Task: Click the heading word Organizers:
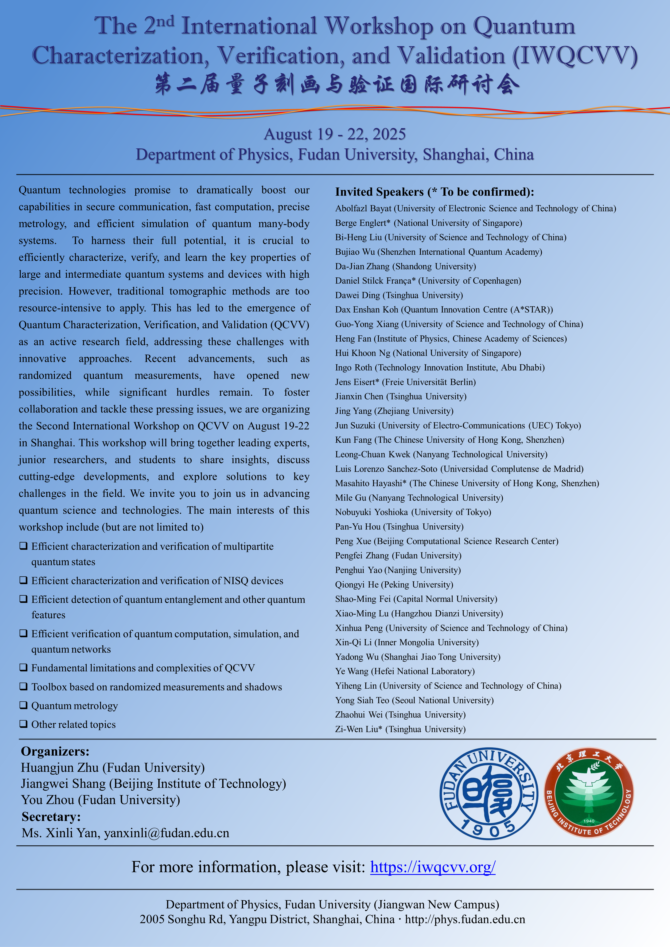(x=55, y=751)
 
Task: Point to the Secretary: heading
(x=51, y=817)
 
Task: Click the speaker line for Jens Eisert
(x=405, y=382)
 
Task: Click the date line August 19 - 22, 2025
(x=335, y=134)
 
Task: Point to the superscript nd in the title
(x=165, y=21)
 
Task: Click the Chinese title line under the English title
(x=337, y=85)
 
